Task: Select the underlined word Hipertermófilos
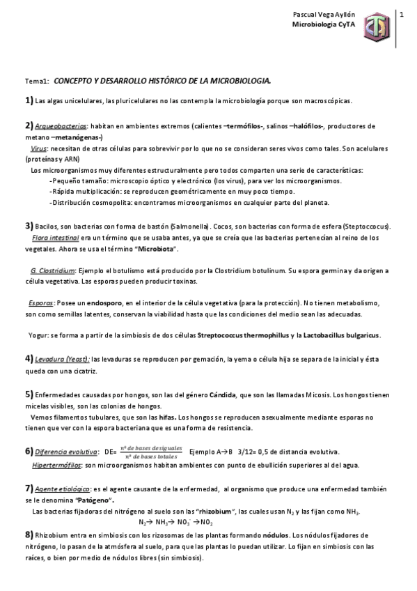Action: [x=56, y=463]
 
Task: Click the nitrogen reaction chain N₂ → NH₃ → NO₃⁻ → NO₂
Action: [x=175, y=521]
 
